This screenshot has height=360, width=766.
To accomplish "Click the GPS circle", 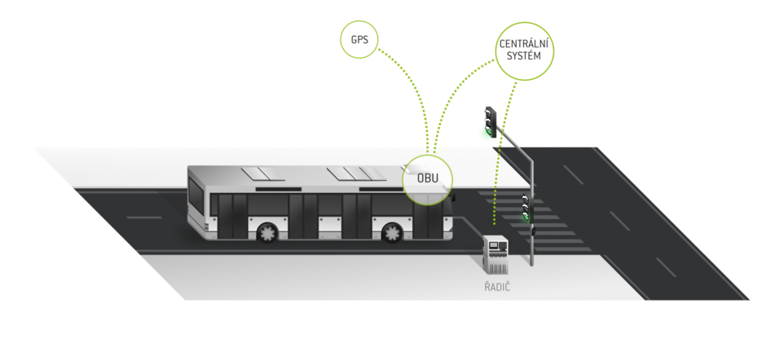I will [x=359, y=39].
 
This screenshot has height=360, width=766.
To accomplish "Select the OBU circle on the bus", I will [x=427, y=178].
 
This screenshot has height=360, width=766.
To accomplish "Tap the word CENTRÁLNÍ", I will [x=525, y=43].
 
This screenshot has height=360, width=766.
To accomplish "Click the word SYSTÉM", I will [x=525, y=57].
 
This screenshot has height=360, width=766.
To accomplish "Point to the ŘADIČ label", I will [x=495, y=288].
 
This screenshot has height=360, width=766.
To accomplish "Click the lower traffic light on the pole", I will [x=526, y=208].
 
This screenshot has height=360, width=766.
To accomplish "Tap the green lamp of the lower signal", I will [x=526, y=217].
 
